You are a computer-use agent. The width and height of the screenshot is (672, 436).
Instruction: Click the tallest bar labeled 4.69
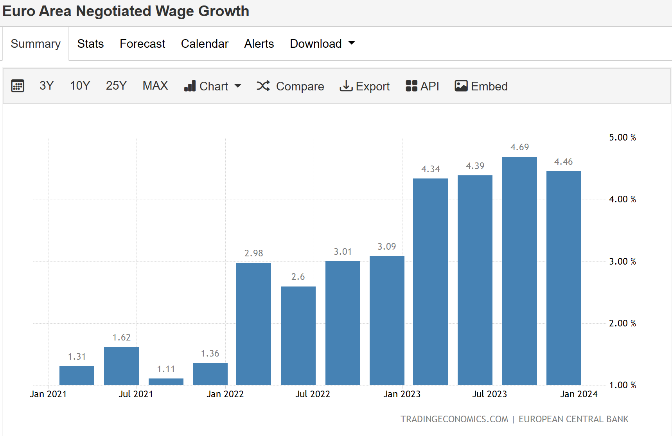[519, 270]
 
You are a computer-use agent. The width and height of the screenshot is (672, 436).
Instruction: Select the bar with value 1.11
[166, 382]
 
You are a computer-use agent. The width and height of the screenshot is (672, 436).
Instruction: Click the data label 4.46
[563, 162]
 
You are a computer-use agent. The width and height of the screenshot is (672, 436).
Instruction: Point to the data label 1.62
[121, 337]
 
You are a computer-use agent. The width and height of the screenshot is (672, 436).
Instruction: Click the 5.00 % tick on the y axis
[622, 137]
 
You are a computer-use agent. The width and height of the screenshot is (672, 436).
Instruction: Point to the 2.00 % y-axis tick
[622, 323]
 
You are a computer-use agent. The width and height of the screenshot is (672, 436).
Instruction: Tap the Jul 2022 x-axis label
[313, 394]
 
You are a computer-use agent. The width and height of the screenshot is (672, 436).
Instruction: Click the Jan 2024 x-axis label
[579, 394]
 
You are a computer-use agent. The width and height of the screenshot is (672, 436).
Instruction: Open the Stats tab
[90, 44]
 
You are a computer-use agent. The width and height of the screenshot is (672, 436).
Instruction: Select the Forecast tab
[142, 44]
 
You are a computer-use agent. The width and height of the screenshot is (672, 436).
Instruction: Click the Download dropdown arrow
[351, 43]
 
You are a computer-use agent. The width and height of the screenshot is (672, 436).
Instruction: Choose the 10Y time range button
[80, 86]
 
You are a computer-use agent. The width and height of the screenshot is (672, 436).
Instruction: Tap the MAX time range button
[155, 86]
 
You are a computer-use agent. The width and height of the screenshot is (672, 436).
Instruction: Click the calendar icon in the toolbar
[18, 86]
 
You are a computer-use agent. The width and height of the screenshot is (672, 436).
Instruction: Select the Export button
[365, 86]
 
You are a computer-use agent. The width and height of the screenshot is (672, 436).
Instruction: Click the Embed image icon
[461, 86]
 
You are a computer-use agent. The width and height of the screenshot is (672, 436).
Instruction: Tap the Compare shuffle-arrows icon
[263, 86]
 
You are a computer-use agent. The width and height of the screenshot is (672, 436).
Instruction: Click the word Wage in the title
[174, 11]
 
